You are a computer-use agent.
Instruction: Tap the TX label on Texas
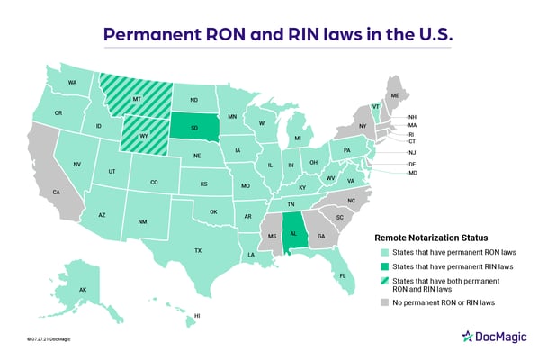tap(197, 250)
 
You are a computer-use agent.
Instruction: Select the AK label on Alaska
tap(82, 290)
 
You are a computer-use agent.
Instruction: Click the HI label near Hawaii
tap(197, 317)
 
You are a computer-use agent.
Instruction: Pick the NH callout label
tap(412, 117)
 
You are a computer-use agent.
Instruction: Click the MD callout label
tap(412, 173)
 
